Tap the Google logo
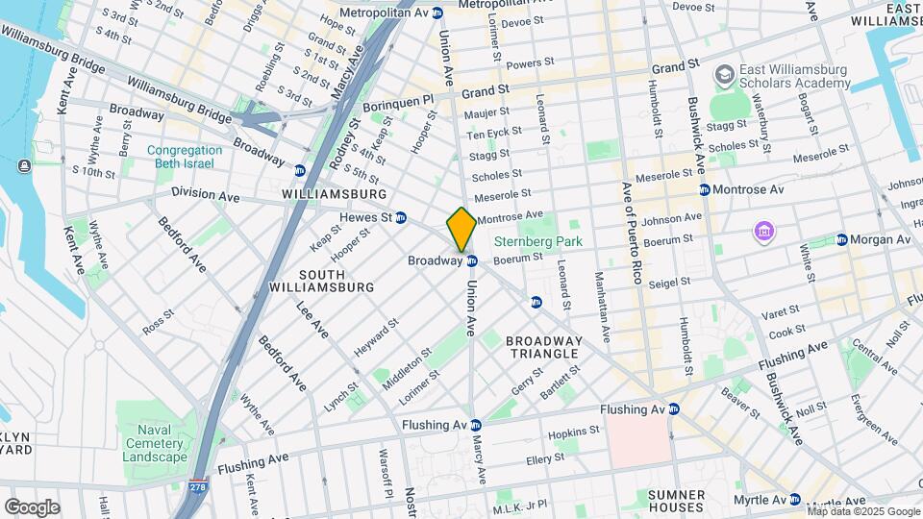coord(32,507)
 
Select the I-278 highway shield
coord(198,487)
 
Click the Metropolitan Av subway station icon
coord(437,12)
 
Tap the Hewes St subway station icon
coord(401,217)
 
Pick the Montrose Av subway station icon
coord(705,190)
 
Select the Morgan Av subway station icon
coord(841,239)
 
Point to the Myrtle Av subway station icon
coord(795,500)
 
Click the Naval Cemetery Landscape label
coord(155,450)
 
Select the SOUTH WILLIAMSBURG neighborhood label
coord(322,281)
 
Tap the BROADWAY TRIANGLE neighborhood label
coord(544,347)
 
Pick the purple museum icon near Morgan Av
coord(764,232)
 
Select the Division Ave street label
coord(205,194)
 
